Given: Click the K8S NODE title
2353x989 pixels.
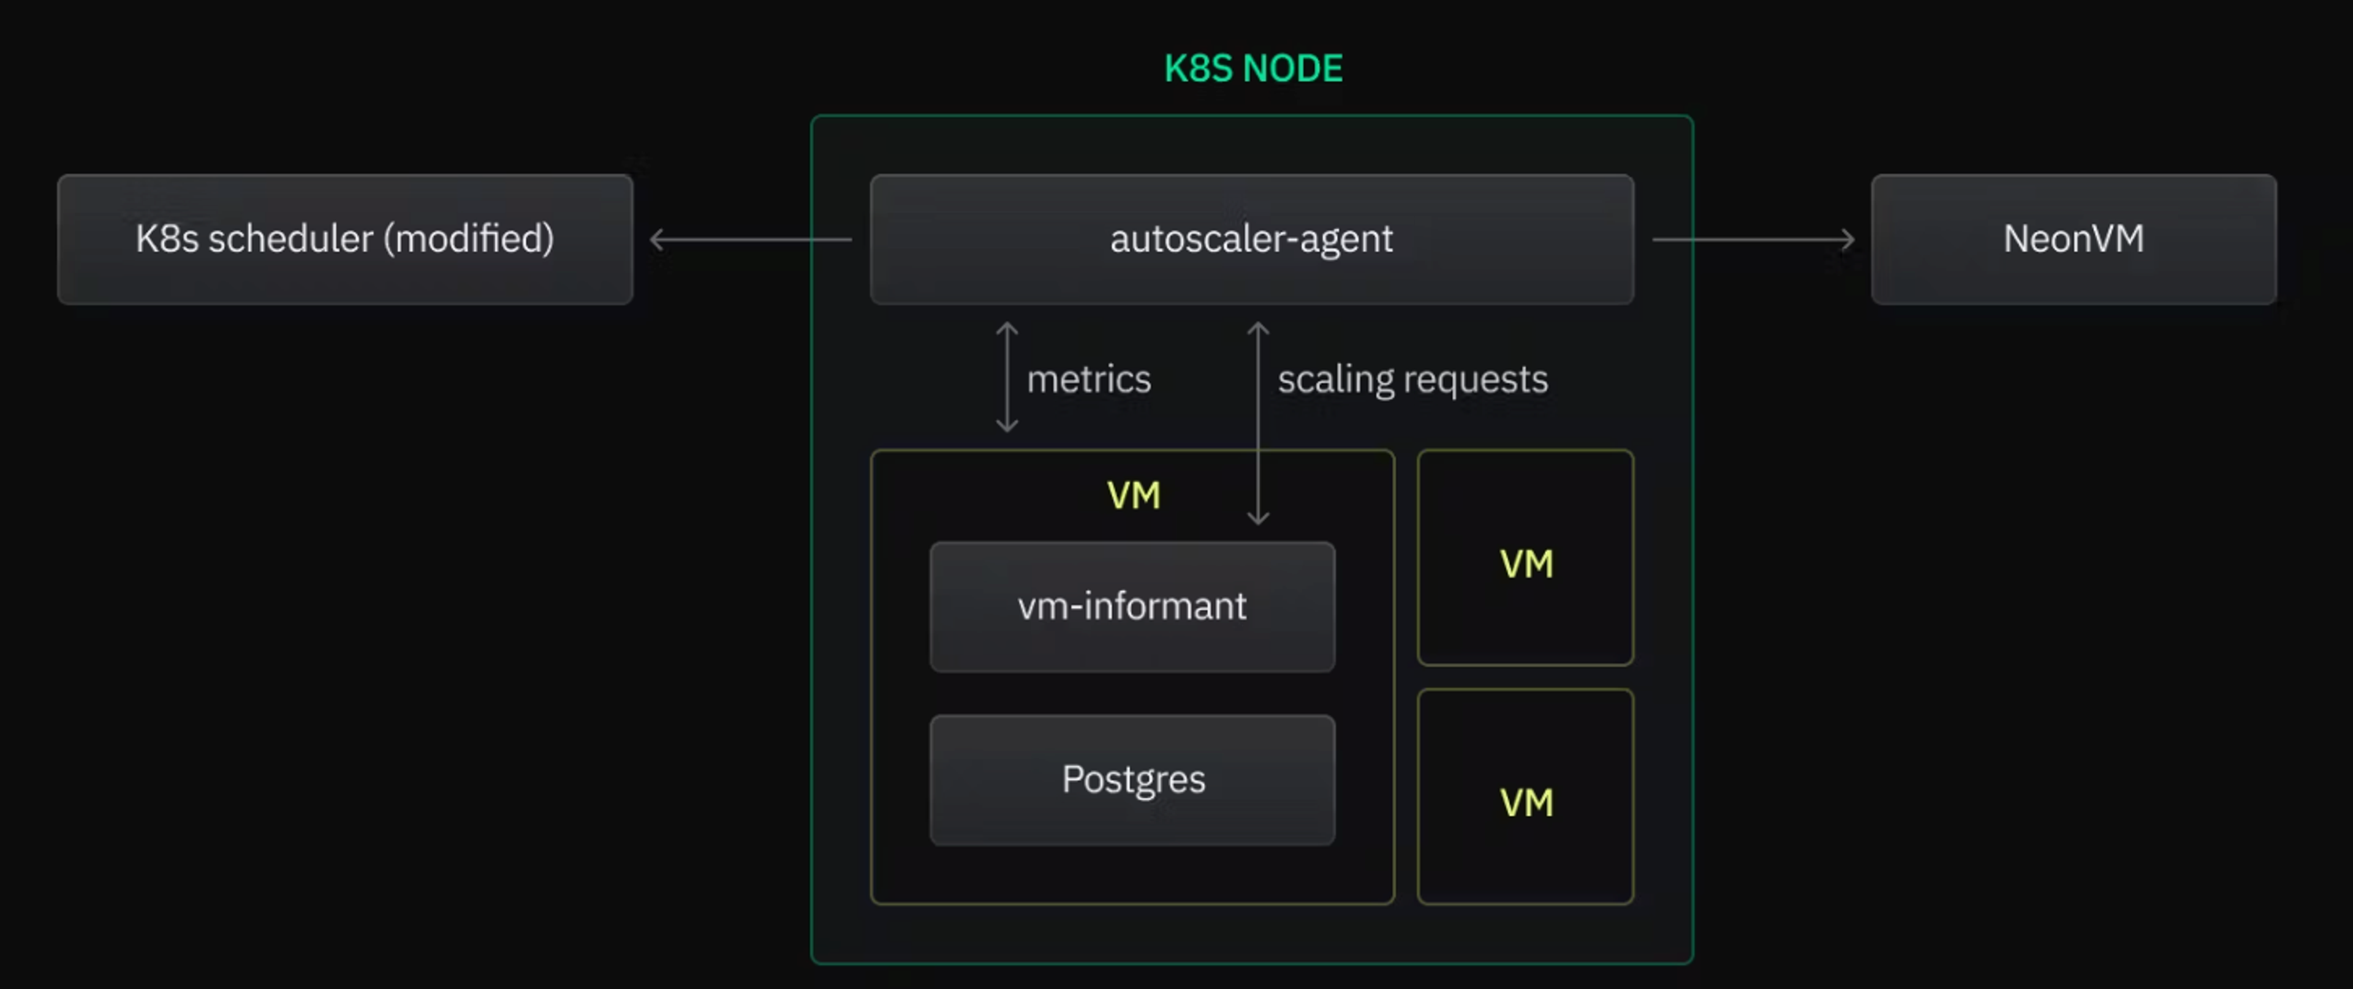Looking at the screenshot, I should click(x=1252, y=69).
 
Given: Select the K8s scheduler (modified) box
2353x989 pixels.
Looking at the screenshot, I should click(x=344, y=239).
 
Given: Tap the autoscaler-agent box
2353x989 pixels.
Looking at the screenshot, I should click(x=1251, y=239).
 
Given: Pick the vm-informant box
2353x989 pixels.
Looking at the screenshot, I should click(x=1132, y=606).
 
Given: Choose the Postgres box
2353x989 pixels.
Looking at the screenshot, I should click(x=1132, y=780).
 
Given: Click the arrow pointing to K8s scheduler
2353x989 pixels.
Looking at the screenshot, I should click(x=749, y=239).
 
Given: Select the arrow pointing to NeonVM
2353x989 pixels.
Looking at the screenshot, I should click(x=1754, y=239).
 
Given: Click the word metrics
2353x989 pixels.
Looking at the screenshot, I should click(x=1089, y=379).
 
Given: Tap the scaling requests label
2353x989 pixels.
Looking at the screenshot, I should click(x=1412, y=379).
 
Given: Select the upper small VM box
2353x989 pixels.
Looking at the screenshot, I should click(x=1525, y=557).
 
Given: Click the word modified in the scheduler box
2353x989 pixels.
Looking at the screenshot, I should click(x=469, y=239).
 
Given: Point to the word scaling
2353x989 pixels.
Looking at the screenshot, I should click(x=1335, y=380).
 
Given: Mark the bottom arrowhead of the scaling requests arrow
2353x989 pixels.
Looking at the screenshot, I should click(x=1258, y=518).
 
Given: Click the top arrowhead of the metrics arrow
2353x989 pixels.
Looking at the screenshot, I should click(x=1007, y=328).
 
